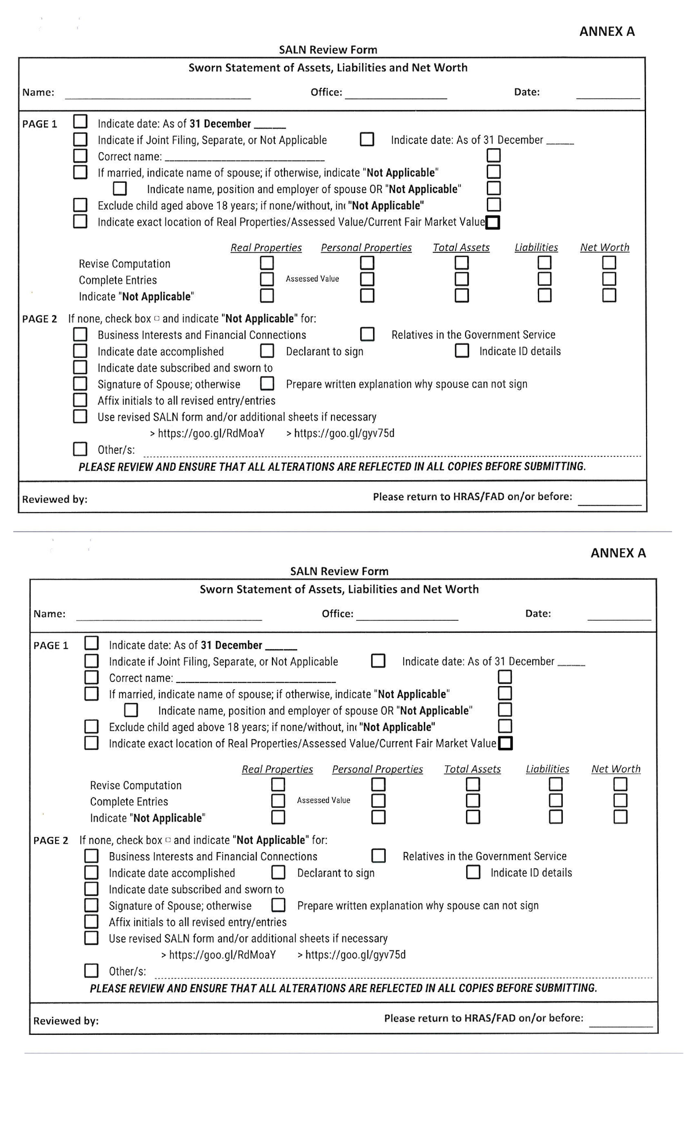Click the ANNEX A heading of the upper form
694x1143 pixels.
click(x=607, y=31)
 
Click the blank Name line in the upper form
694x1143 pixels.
click(x=157, y=96)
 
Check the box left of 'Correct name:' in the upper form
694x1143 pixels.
click(x=80, y=156)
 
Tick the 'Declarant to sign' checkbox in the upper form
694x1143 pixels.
click(x=267, y=351)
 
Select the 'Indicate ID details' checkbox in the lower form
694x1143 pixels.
click(x=473, y=872)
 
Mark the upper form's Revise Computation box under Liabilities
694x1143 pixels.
click(x=544, y=263)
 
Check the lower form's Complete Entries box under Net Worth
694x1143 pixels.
click(x=620, y=801)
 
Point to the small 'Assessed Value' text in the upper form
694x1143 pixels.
click(x=312, y=279)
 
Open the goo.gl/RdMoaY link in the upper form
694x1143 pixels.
click(x=211, y=433)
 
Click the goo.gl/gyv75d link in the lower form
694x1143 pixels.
click(x=355, y=955)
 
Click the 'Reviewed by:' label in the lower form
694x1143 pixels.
click(x=66, y=1021)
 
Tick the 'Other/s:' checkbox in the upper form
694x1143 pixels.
click(x=80, y=449)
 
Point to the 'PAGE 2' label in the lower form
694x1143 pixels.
click(x=51, y=840)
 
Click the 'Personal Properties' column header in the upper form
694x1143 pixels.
click(x=366, y=248)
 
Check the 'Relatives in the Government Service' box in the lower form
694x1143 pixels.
click(x=378, y=856)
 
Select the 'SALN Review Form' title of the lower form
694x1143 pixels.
click(x=339, y=571)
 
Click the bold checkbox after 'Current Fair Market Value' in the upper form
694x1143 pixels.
click(x=493, y=222)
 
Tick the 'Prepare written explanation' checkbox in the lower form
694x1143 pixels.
click(x=278, y=905)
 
